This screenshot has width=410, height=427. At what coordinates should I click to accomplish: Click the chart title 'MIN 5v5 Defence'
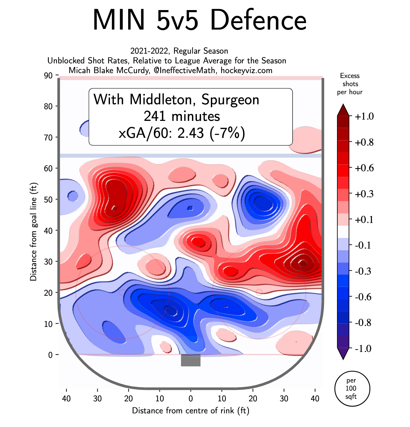click(x=199, y=20)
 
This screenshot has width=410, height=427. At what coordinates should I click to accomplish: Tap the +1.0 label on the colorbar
click(x=364, y=116)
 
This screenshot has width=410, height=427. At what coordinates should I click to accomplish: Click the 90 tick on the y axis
click(x=48, y=75)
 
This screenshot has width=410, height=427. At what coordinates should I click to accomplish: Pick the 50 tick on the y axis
click(x=48, y=199)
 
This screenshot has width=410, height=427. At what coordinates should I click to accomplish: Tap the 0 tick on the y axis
click(x=50, y=355)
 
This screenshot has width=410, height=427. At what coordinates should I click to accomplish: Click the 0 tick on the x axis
click(x=191, y=398)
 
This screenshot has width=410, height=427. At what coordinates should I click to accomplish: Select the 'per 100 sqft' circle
click(x=352, y=388)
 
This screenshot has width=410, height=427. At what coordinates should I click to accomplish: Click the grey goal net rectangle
click(x=191, y=360)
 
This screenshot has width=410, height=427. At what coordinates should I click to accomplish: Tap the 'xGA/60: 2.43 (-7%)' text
click(x=182, y=133)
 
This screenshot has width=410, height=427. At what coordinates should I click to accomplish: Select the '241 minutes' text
click(x=182, y=116)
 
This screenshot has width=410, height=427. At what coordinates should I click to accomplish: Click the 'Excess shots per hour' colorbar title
click(x=350, y=84)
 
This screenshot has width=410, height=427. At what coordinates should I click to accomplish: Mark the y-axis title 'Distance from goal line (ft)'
click(x=33, y=232)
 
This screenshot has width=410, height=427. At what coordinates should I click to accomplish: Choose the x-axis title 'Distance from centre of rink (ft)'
click(x=191, y=410)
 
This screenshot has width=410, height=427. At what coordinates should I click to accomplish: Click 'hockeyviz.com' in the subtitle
click(x=246, y=70)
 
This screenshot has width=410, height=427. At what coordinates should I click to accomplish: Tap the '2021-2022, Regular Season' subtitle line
click(x=179, y=51)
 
